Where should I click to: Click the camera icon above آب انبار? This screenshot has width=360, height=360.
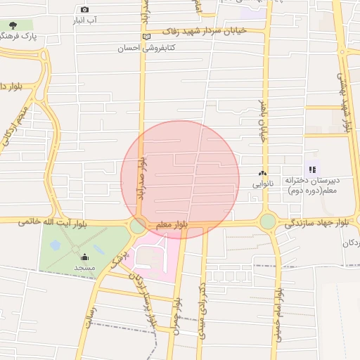point(84,9)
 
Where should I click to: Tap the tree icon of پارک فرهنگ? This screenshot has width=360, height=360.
point(12,25)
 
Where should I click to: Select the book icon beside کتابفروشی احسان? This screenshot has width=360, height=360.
point(146,37)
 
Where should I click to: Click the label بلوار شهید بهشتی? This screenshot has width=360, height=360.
point(346,105)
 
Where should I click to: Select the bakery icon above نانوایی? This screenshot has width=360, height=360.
point(263,173)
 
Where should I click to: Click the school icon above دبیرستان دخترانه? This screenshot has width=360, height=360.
point(312,169)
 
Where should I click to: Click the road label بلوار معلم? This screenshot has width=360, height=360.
point(172,224)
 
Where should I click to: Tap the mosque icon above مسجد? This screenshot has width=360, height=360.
point(84,257)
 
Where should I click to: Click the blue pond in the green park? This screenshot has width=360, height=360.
point(55,245)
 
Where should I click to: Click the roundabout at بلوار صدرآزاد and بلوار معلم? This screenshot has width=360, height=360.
point(138,226)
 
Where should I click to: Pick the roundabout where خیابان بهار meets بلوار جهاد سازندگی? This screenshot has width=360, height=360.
point(268,221)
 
